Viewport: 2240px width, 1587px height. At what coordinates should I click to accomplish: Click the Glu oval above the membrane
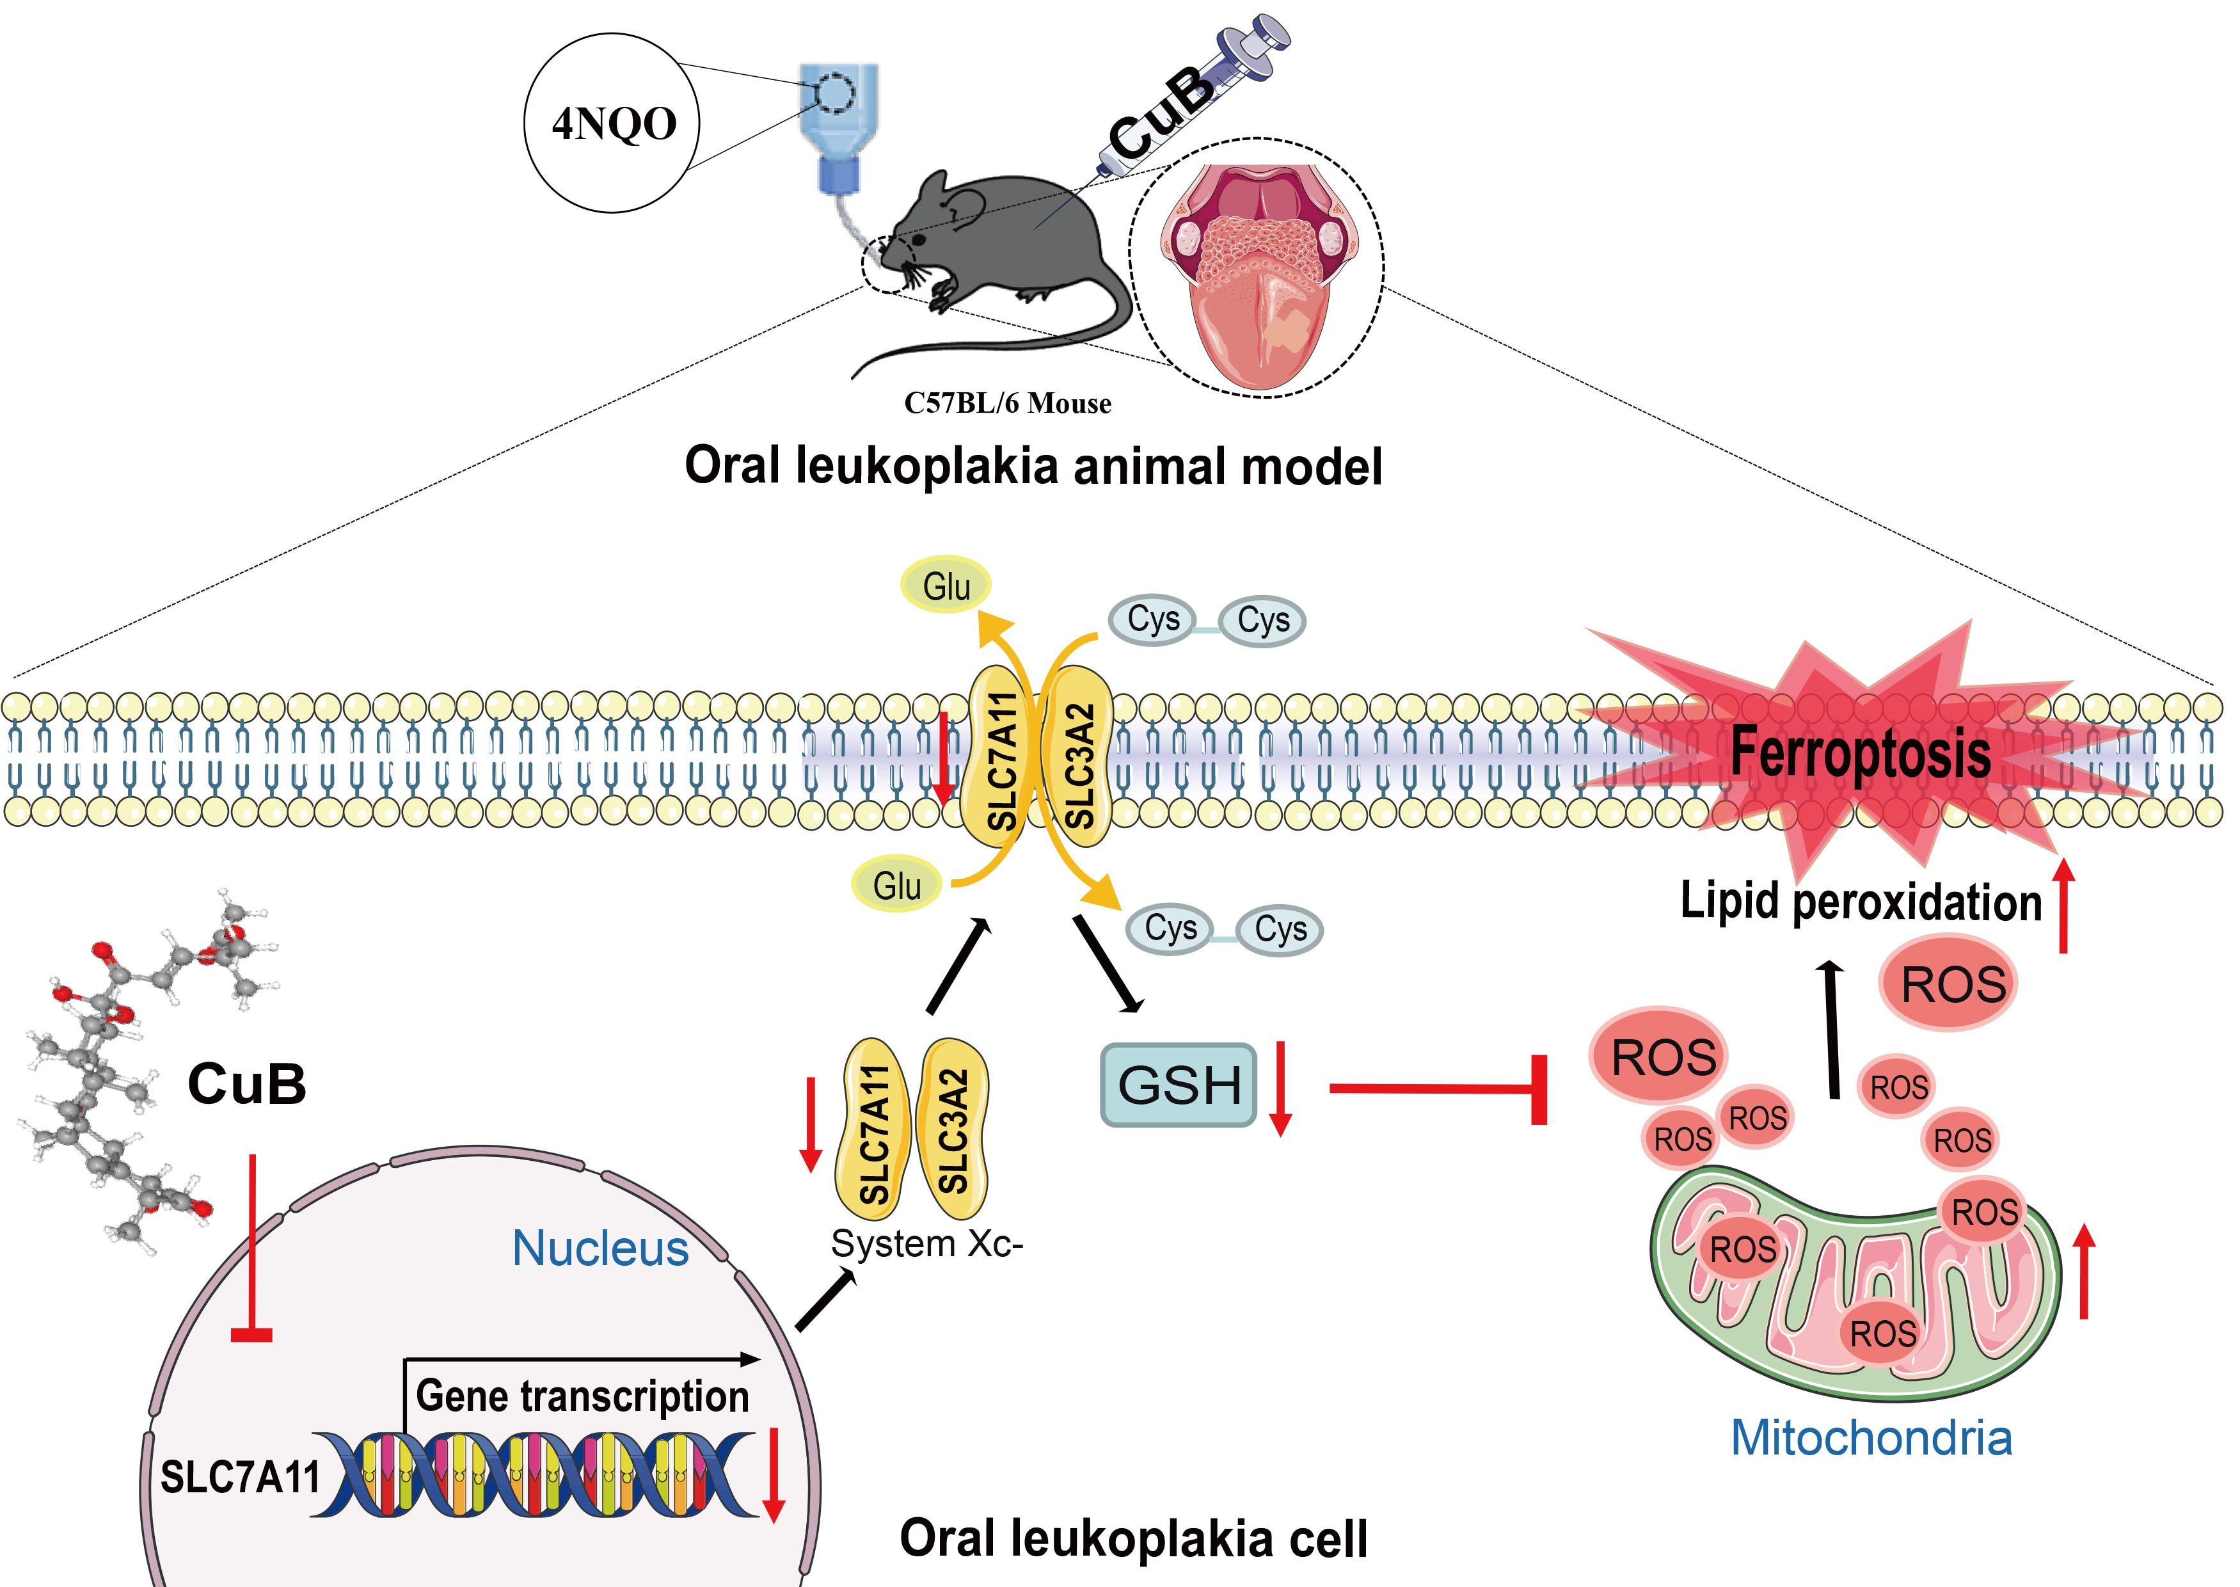pyautogui.click(x=946, y=586)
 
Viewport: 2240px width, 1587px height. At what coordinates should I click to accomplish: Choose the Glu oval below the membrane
pyautogui.click(x=897, y=886)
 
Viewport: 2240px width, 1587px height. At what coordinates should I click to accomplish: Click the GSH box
pyautogui.click(x=1178, y=1085)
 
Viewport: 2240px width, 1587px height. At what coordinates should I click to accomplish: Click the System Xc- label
pyautogui.click(x=926, y=1244)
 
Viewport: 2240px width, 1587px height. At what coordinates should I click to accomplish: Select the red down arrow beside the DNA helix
pyautogui.click(x=773, y=1476)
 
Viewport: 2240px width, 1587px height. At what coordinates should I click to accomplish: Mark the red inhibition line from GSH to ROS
pyautogui.click(x=1436, y=1089)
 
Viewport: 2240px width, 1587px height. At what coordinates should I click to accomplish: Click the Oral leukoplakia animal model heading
pyautogui.click(x=1033, y=466)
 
